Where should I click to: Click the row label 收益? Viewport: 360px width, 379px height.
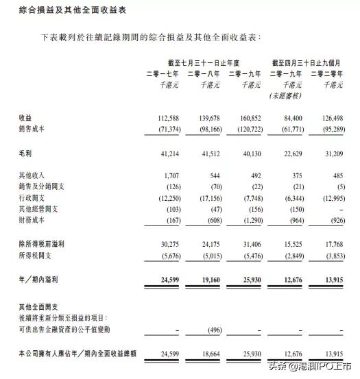(x=25, y=118)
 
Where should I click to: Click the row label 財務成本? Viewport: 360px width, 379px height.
(x=33, y=221)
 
